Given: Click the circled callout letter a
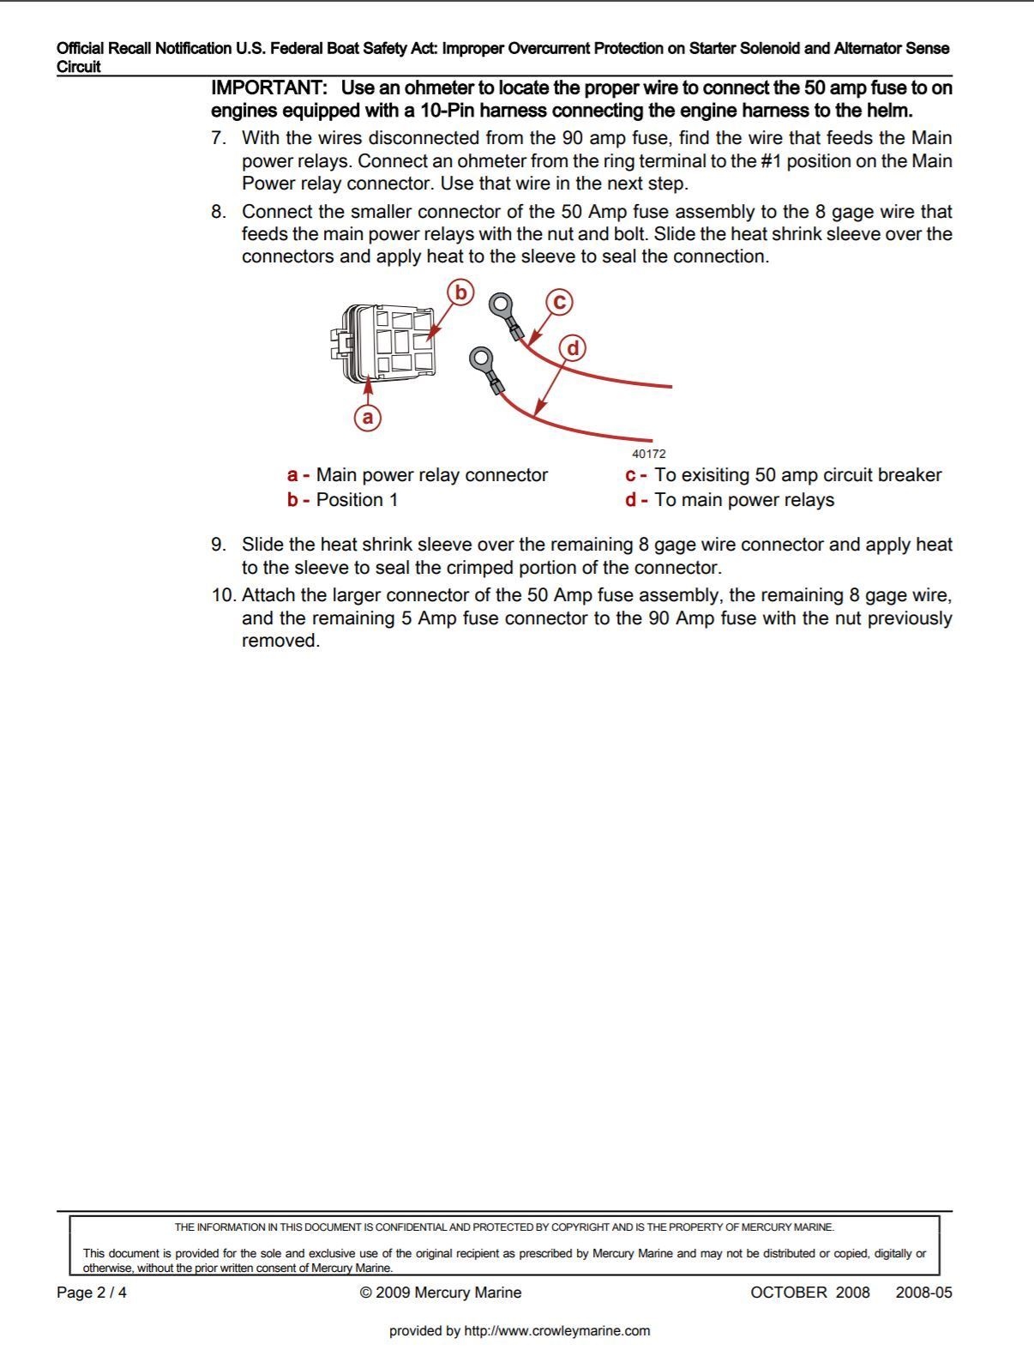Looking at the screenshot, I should coord(368,417).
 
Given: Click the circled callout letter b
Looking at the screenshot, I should coord(460,292).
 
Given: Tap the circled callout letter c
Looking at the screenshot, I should coord(559,302).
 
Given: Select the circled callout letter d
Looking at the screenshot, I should coord(573,348).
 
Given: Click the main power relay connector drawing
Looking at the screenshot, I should coord(387,344).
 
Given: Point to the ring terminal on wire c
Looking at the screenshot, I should coord(502,304).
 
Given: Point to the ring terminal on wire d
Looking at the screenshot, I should coord(482,358).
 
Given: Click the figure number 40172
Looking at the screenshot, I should coord(648,454).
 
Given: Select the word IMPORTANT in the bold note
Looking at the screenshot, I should coord(268,88).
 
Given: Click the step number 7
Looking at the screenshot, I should coord(219,138).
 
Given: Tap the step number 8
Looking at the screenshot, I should coord(219,212).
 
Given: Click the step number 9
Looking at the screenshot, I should coord(219,545).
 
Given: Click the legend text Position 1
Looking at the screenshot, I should coord(357,500).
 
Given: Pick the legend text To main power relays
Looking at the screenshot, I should coord(743,500).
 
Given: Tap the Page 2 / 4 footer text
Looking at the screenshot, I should coord(92,1293).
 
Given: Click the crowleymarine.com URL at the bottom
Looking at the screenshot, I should coord(520,1331).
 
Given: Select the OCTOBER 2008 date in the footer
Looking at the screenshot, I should coord(809,1293).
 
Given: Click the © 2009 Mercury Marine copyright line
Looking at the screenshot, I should coord(441,1293).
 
